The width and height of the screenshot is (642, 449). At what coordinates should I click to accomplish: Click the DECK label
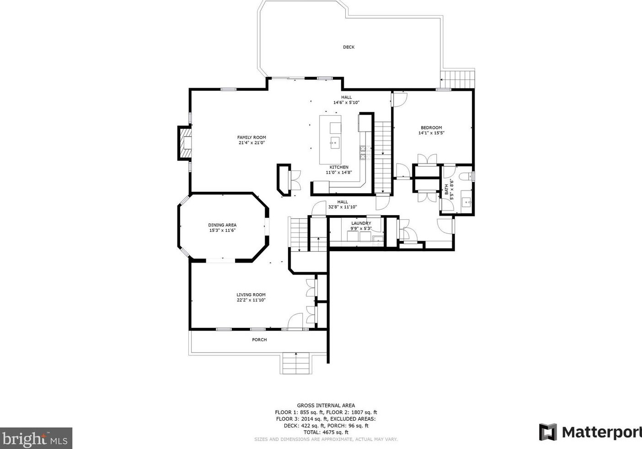348,47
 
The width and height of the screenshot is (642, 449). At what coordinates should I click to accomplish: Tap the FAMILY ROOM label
251,137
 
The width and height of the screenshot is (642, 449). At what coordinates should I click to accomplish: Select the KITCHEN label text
339,167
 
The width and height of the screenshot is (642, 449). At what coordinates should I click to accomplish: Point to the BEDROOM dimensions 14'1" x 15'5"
431,133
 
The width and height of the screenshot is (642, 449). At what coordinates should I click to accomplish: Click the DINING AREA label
222,225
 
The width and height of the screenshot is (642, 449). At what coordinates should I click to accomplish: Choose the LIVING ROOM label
251,295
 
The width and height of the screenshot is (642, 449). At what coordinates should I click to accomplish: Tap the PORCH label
259,340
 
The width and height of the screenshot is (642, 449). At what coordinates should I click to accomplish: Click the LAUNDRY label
361,223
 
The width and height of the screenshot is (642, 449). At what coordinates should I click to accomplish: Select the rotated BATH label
447,190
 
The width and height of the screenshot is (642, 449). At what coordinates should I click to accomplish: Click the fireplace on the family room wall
185,143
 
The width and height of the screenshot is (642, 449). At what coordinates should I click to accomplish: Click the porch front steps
296,363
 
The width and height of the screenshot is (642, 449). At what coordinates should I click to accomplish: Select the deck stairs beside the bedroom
457,79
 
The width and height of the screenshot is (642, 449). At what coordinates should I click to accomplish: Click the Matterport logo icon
548,432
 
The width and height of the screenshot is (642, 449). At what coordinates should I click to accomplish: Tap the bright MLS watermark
36,438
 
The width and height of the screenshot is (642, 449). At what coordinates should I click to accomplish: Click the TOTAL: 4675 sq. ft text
326,432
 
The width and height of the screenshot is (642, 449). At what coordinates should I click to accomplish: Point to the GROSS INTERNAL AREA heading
326,405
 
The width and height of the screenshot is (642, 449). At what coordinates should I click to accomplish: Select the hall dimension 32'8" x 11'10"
342,207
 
